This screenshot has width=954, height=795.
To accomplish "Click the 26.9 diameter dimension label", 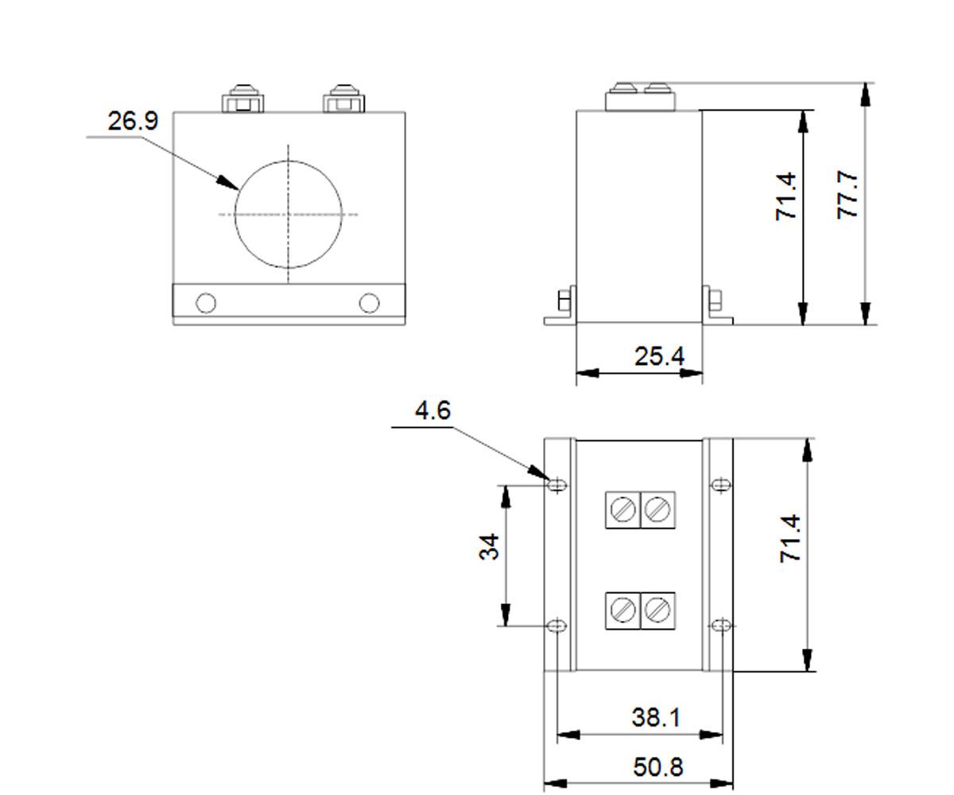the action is click(x=133, y=121).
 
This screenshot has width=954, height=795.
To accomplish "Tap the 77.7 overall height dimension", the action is click(x=847, y=195).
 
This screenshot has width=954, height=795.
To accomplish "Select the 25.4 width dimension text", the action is click(x=659, y=356).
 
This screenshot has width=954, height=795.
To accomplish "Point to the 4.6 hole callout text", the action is click(x=432, y=410).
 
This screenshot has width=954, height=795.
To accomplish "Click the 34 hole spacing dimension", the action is click(x=489, y=546).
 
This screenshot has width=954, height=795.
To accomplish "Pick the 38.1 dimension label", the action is click(x=656, y=717).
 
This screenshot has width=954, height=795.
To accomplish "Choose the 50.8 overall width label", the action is click(x=658, y=766).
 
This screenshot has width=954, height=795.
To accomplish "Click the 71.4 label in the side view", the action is click(x=786, y=197).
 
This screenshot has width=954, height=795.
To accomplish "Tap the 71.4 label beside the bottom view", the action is click(x=790, y=539).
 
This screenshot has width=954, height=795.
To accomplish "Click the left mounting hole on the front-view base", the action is click(x=206, y=303).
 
